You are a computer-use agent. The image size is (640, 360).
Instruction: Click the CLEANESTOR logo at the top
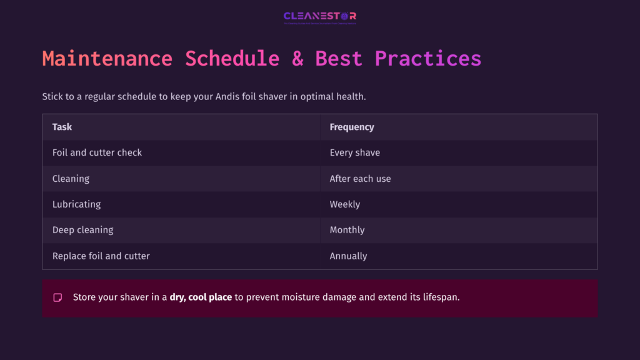[x=319, y=17]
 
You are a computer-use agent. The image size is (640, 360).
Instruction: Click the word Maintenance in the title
[x=107, y=59]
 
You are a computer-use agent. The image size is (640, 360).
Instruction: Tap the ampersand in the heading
[x=297, y=59]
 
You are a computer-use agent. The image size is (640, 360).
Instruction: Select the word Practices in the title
[x=427, y=59]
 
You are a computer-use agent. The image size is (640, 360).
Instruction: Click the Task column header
[x=62, y=127]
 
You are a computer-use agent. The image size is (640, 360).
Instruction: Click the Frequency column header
[x=352, y=127]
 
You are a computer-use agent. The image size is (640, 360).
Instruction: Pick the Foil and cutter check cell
[x=97, y=152]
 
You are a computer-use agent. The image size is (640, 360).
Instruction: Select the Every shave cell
[x=354, y=152]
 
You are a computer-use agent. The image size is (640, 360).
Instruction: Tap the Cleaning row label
[x=71, y=179]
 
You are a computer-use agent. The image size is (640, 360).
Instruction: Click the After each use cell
[x=360, y=179]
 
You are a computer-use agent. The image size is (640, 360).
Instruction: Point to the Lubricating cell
[x=76, y=204]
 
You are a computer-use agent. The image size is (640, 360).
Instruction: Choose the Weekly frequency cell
[x=345, y=204]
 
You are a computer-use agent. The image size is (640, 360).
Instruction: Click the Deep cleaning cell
[x=82, y=230]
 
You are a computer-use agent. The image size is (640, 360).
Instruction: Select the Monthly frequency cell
[x=347, y=230]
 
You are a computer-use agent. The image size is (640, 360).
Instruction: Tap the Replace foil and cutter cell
[x=101, y=256]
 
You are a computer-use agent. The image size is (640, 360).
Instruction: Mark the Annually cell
[x=348, y=256]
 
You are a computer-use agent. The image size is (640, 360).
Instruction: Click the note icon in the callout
[x=57, y=297]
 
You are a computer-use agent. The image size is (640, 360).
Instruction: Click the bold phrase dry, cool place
[x=201, y=297]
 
